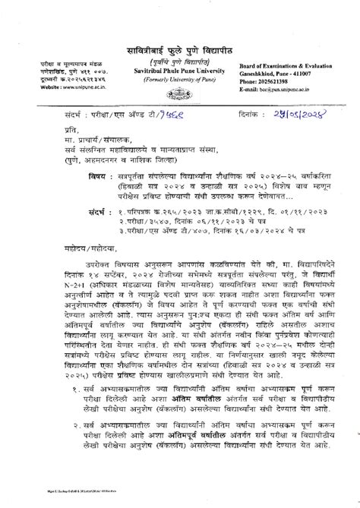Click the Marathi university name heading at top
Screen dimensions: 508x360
click(179, 51)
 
